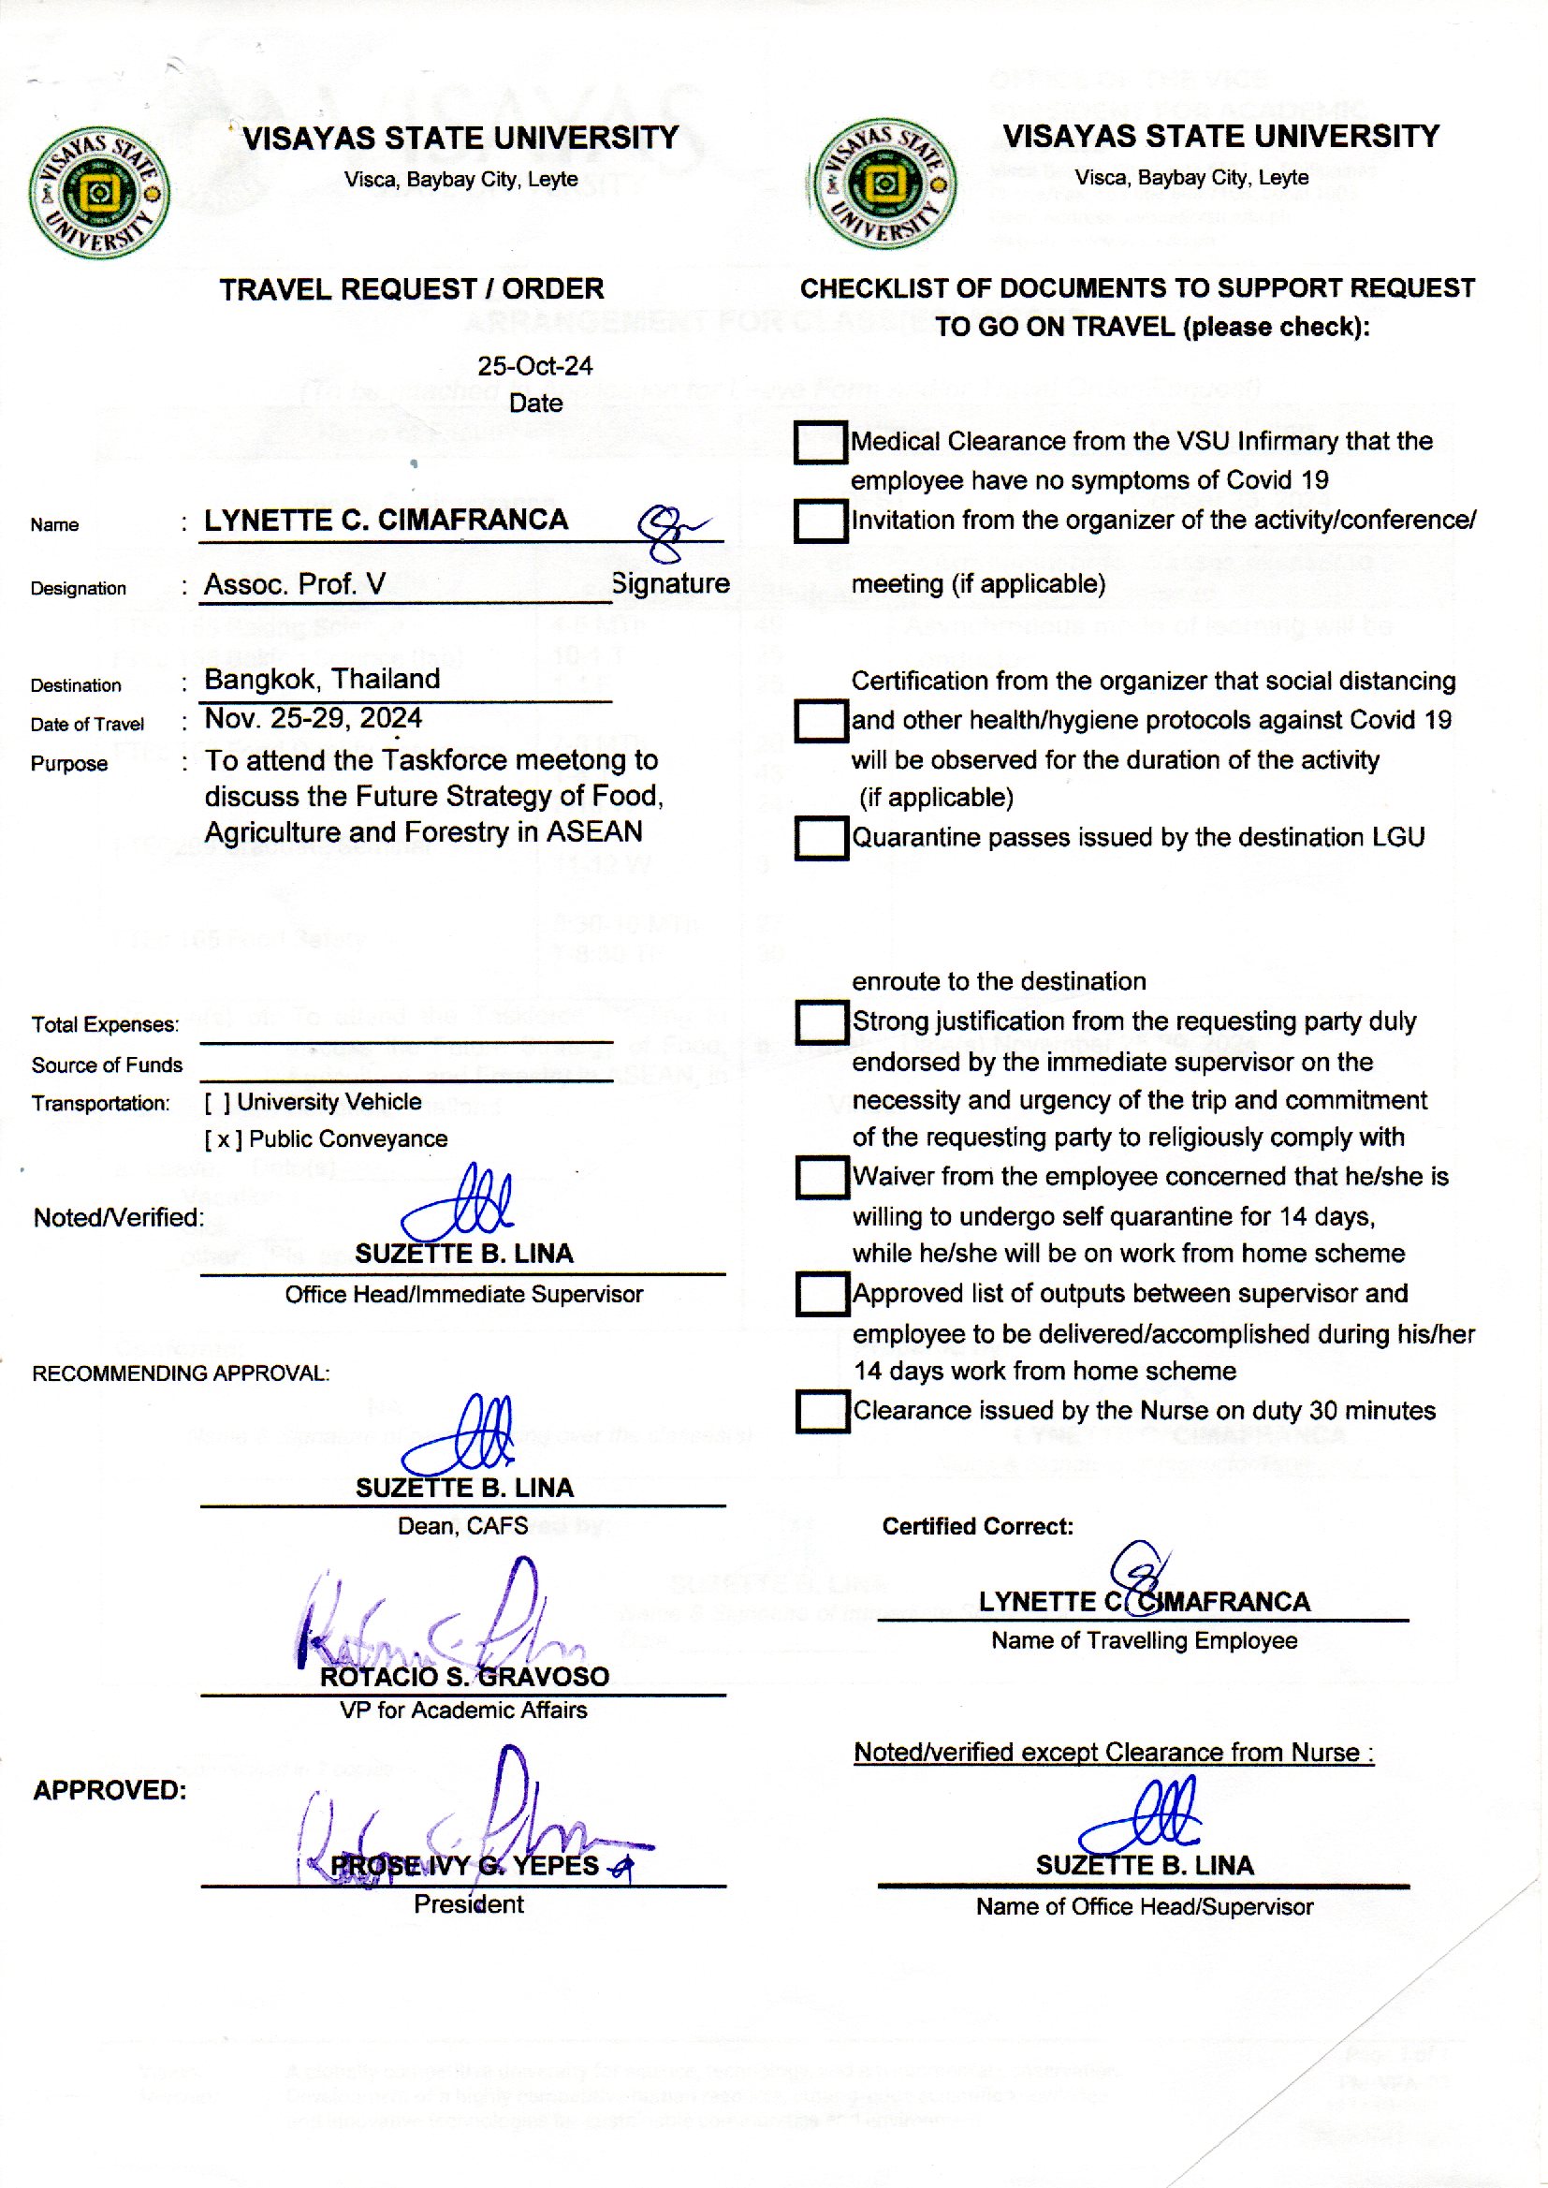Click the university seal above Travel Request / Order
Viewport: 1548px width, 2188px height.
coord(99,193)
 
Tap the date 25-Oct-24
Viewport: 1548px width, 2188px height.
coord(534,366)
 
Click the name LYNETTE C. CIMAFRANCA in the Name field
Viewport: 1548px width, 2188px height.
coord(386,520)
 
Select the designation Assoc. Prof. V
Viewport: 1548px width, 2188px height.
coord(295,583)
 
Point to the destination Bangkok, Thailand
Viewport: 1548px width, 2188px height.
coord(322,679)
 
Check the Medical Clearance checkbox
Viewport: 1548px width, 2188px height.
coord(820,442)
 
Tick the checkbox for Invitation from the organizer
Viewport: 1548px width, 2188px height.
coord(820,521)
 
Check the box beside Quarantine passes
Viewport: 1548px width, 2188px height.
coord(821,838)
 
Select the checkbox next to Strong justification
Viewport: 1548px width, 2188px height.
coord(822,1021)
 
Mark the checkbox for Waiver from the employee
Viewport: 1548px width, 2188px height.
coord(822,1177)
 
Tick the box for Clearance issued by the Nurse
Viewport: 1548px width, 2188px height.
coord(822,1411)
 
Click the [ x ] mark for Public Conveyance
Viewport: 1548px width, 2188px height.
coord(223,1139)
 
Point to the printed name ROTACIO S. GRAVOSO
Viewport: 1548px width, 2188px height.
coord(464,1677)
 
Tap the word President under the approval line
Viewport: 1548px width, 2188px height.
coord(468,1904)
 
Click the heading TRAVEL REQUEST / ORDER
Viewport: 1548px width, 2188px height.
coord(412,289)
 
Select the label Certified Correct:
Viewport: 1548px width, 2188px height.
coord(977,1526)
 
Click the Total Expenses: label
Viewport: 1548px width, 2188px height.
coord(105,1025)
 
